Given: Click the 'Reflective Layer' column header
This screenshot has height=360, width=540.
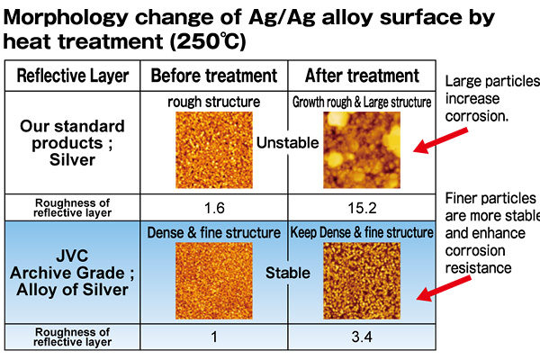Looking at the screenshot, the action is point(73,76).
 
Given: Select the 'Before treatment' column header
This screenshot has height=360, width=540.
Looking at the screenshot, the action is point(214,76).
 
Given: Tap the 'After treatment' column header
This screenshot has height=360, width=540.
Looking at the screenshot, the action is point(362,76).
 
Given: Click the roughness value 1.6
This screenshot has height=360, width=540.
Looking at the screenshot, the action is point(214,208).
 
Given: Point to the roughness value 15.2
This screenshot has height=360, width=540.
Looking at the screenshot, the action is point(362,208).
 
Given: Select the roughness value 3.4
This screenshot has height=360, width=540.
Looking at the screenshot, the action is point(362,337).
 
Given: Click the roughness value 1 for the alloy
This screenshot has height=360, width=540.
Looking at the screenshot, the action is point(214,337).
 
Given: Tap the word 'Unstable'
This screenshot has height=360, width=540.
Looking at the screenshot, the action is point(288,142).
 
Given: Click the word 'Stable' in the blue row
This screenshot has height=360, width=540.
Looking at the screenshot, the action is point(288,273).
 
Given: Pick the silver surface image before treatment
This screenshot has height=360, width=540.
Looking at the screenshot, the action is point(214,150).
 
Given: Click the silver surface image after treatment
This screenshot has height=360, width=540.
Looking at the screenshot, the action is point(362,150).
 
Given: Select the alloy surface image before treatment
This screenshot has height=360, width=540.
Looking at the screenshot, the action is point(214,281).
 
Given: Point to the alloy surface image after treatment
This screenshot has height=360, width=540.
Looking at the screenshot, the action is point(362,281).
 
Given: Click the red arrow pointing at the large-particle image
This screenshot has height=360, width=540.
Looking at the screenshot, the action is point(441,140).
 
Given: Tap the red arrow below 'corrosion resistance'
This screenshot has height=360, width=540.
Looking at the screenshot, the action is point(444,288).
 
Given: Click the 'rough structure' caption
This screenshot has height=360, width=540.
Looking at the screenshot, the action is point(214,102).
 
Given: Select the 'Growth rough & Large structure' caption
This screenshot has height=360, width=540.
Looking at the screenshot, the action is point(362,102).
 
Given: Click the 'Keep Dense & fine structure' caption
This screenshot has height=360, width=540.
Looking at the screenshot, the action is point(362,232).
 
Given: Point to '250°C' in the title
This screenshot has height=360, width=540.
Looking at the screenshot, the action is point(208,41).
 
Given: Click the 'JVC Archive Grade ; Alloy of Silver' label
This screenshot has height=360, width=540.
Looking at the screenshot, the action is point(72,273).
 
